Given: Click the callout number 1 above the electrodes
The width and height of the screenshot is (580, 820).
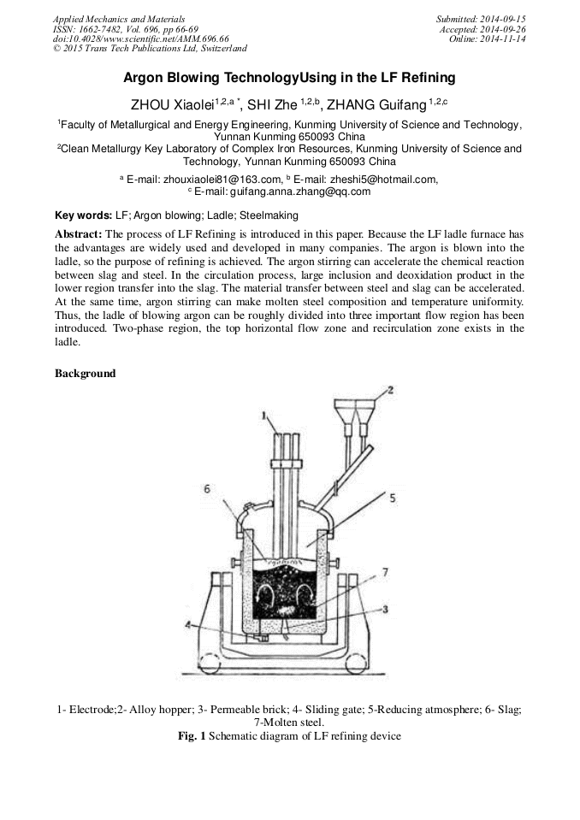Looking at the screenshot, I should pos(265,416).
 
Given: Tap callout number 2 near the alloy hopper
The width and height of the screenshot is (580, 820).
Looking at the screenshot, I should pos(389,390).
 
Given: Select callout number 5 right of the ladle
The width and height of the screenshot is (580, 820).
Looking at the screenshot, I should pos(393,497).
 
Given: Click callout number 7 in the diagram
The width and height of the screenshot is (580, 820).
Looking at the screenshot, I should pos(386,571).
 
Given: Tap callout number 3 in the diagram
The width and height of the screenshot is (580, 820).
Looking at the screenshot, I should pos(386,609).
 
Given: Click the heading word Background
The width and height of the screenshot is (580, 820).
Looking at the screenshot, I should pos(85,374).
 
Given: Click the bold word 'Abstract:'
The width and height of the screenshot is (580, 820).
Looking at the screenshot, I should pos(79,234).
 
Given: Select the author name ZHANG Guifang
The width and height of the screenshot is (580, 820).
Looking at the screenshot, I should pos(376,105).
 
